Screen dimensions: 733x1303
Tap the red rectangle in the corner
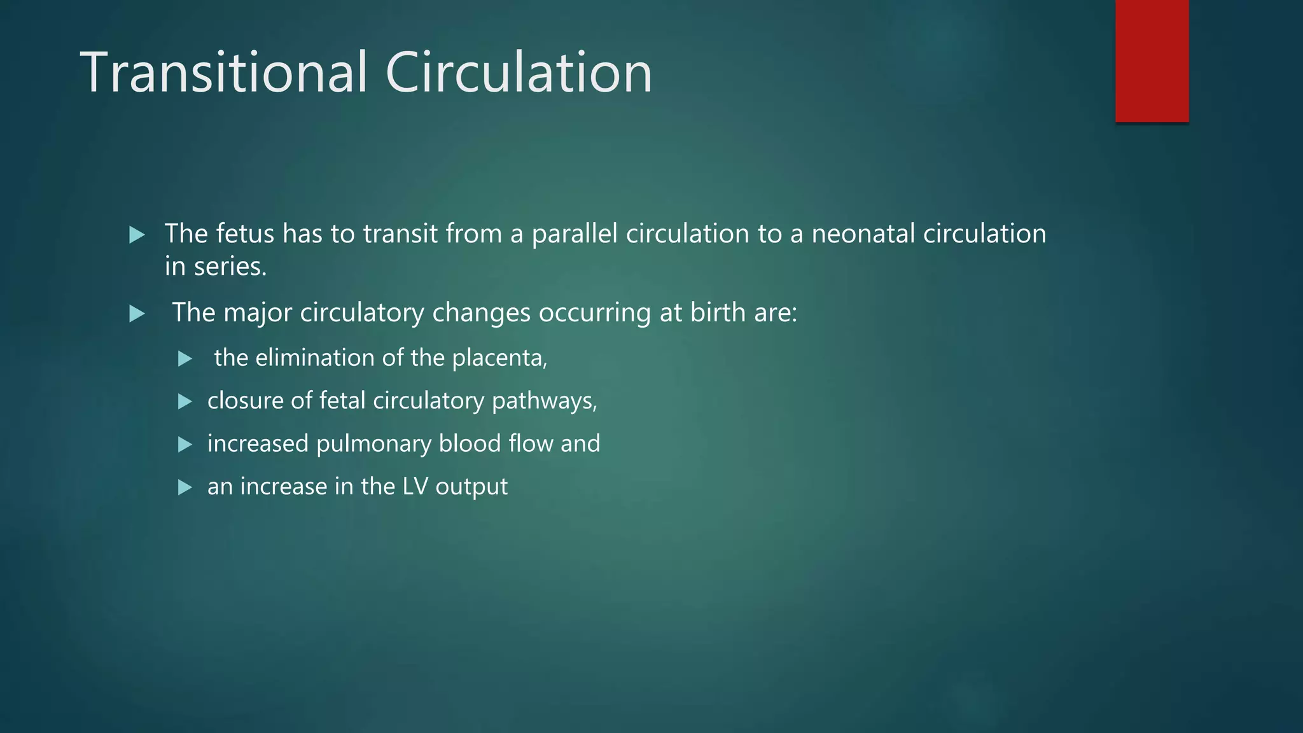click(1152, 60)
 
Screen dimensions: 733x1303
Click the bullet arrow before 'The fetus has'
click(137, 235)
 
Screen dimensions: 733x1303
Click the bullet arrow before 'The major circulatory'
click(137, 314)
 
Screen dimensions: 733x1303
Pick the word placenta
click(499, 358)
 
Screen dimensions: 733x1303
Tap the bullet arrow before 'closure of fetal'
click(185, 401)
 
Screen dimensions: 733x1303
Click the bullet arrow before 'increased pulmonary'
click(185, 444)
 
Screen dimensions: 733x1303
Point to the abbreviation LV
click(415, 487)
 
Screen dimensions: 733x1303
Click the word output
click(471, 487)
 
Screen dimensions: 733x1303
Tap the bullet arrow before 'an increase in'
click(185, 487)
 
